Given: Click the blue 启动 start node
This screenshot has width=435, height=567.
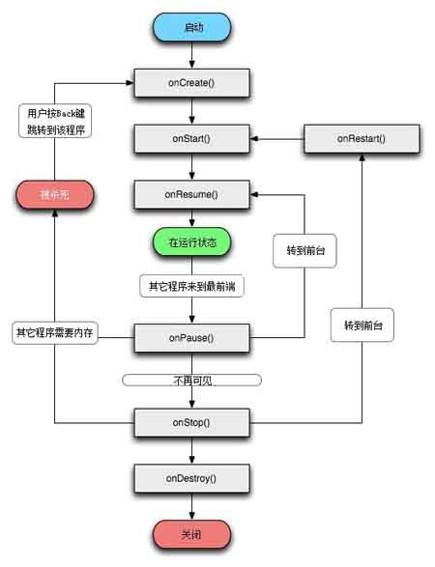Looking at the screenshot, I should pyautogui.click(x=190, y=27).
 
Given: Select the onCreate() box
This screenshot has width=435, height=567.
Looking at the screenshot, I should pyautogui.click(x=190, y=83).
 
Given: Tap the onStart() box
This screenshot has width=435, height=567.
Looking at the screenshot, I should pyautogui.click(x=190, y=139).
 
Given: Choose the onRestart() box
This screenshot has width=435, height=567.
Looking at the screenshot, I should pyautogui.click(x=362, y=139).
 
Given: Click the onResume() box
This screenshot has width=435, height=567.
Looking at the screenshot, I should pyautogui.click(x=190, y=195).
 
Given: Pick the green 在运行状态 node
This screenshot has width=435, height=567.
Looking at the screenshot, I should pyautogui.click(x=190, y=241).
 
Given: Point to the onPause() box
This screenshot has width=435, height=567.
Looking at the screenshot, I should pyautogui.click(x=190, y=338).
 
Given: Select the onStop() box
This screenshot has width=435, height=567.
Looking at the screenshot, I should pyautogui.click(x=190, y=422).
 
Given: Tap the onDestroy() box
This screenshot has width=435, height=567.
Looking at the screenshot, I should pyautogui.click(x=190, y=478).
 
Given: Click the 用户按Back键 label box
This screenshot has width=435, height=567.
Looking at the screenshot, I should pyautogui.click(x=54, y=121).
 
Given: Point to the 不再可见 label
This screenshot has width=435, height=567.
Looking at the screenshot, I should pyautogui.click(x=190, y=381).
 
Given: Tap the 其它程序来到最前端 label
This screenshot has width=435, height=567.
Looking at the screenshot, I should pyautogui.click(x=190, y=286).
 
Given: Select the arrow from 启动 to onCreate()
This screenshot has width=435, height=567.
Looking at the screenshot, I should pyautogui.click(x=190, y=56).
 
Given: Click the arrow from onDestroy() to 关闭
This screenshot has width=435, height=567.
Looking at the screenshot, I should pyautogui.click(x=190, y=505).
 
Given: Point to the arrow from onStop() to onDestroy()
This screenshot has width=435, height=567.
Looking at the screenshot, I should pyautogui.click(x=190, y=451).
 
